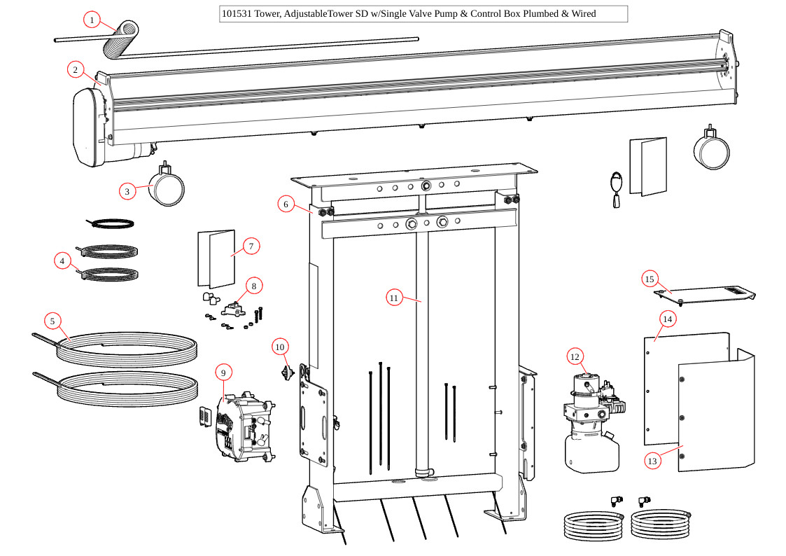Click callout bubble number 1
pos(92,20)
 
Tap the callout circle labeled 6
pos(286,204)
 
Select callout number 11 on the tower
pos(394,298)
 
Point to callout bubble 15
pos(650,279)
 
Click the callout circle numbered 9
pos(223,373)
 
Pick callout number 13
pos(652,461)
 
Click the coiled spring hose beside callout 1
pos(122,41)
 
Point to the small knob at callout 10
pos(286,371)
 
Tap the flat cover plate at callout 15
pos(703,294)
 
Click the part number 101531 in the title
pos(236,14)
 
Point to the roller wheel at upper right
pos(711,148)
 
